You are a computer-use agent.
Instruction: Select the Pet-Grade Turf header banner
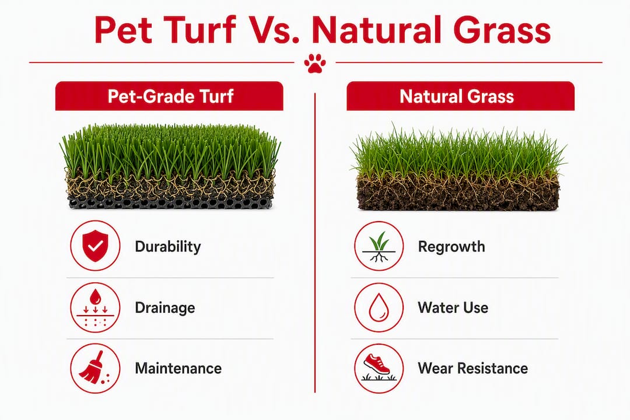click(x=169, y=96)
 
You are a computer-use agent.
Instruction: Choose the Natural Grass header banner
click(x=460, y=96)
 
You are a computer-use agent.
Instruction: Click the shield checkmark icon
click(x=95, y=246)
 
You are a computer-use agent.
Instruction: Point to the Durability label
click(x=168, y=246)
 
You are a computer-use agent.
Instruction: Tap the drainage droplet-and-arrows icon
click(x=95, y=307)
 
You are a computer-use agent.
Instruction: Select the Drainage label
click(x=165, y=308)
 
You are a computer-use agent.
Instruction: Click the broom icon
click(x=95, y=368)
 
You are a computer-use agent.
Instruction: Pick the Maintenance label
click(x=178, y=368)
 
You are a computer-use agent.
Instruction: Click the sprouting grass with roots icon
click(x=379, y=246)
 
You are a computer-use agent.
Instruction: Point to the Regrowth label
click(x=452, y=246)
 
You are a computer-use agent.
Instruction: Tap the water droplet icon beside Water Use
click(x=379, y=307)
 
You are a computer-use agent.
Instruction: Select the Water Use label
click(x=453, y=308)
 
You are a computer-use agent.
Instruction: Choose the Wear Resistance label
click(x=473, y=368)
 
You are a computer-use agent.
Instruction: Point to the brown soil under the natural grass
click(x=458, y=193)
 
